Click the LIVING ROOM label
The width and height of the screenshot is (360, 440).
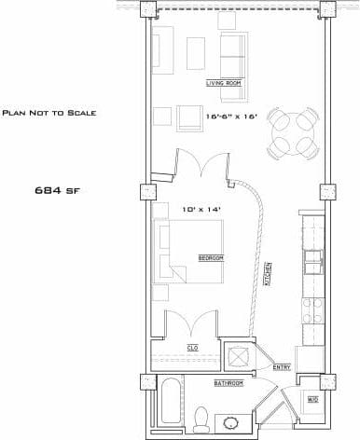point(224,83)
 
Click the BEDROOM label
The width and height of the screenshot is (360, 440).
point(211,257)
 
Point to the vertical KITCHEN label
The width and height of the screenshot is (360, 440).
point(268,273)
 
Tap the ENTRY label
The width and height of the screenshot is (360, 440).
point(281,367)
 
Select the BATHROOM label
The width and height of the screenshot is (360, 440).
point(228,383)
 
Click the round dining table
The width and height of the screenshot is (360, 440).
point(291,133)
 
